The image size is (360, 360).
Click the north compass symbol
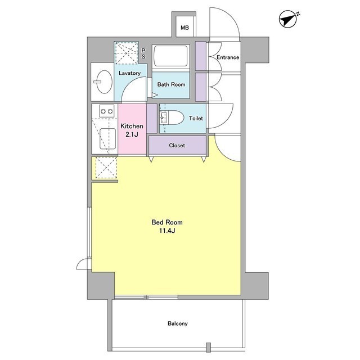(289, 19)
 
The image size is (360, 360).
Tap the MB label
(185, 28)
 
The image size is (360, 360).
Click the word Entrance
(228, 57)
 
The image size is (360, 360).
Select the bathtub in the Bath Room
(170, 56)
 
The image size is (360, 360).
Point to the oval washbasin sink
(104, 82)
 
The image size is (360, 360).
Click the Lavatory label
(129, 73)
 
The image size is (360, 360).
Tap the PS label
(143, 53)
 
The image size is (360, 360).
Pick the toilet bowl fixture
(172, 118)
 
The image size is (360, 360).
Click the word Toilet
(196, 118)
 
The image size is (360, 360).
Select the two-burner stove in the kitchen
(107, 111)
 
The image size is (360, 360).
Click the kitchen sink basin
(107, 139)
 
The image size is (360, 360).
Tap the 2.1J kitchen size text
(132, 134)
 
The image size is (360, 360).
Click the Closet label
(177, 145)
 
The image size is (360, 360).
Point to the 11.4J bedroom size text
(167, 231)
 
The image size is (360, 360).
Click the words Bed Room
(167, 222)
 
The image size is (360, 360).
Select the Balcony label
(178, 323)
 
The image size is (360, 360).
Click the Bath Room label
(171, 84)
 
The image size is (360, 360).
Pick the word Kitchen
(132, 126)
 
